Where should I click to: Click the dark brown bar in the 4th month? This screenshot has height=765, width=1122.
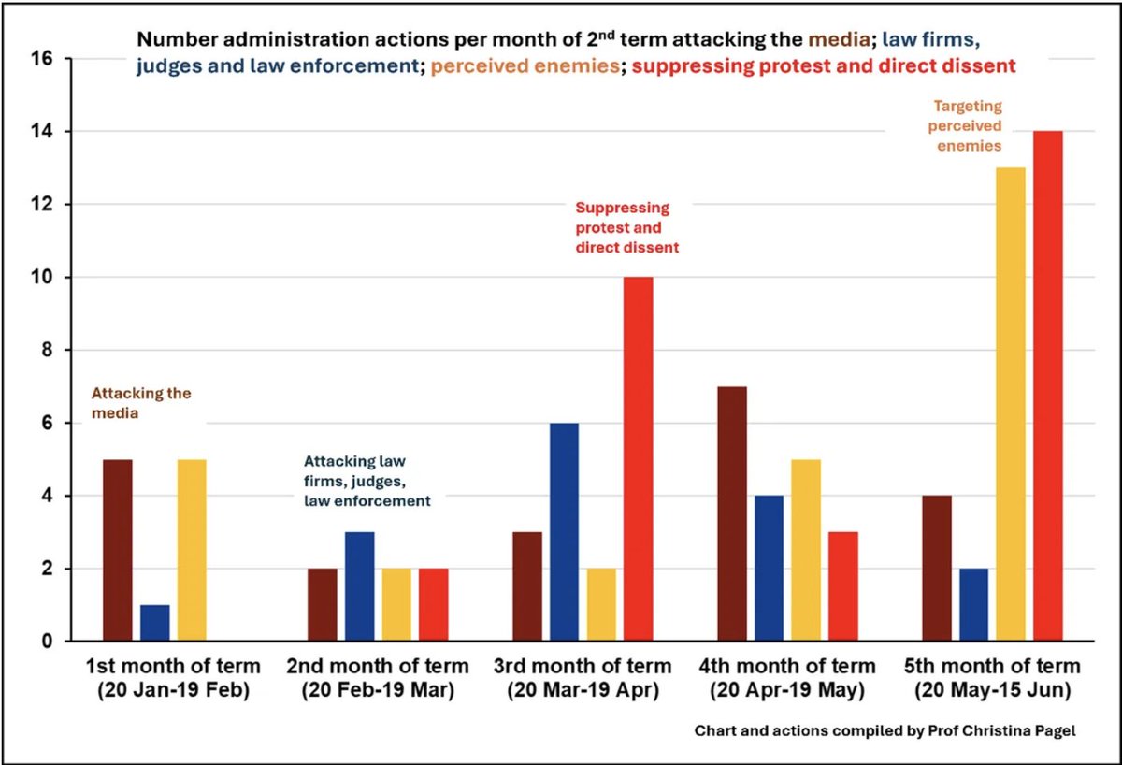pos(731,513)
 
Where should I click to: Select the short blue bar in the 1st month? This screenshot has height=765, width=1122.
pos(155,623)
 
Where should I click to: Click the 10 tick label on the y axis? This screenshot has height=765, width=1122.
pos(44,278)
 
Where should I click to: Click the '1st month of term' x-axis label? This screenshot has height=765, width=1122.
pos(173,667)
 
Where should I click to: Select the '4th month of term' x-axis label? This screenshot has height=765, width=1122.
pos(787,667)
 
